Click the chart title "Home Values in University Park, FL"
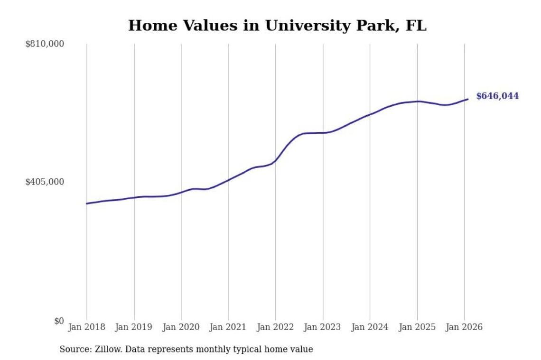tap(277, 26)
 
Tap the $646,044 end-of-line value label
tap(497, 96)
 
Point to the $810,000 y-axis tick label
tap(45, 44)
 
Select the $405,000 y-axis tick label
tap(45, 182)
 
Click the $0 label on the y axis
tap(58, 321)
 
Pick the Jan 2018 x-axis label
tap(87, 327)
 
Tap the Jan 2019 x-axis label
tap(134, 327)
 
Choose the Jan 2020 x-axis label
tap(181, 327)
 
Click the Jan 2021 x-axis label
tap(228, 327)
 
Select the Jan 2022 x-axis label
tap(276, 327)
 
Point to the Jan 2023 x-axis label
tap(323, 327)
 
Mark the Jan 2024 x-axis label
tap(370, 327)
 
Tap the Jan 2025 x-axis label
tap(417, 327)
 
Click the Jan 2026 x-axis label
tap(465, 327)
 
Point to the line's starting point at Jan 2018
tap(87, 203)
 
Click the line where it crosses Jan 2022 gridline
tap(276, 160)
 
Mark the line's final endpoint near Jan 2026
tap(468, 99)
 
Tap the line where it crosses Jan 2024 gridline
tap(370, 114)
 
